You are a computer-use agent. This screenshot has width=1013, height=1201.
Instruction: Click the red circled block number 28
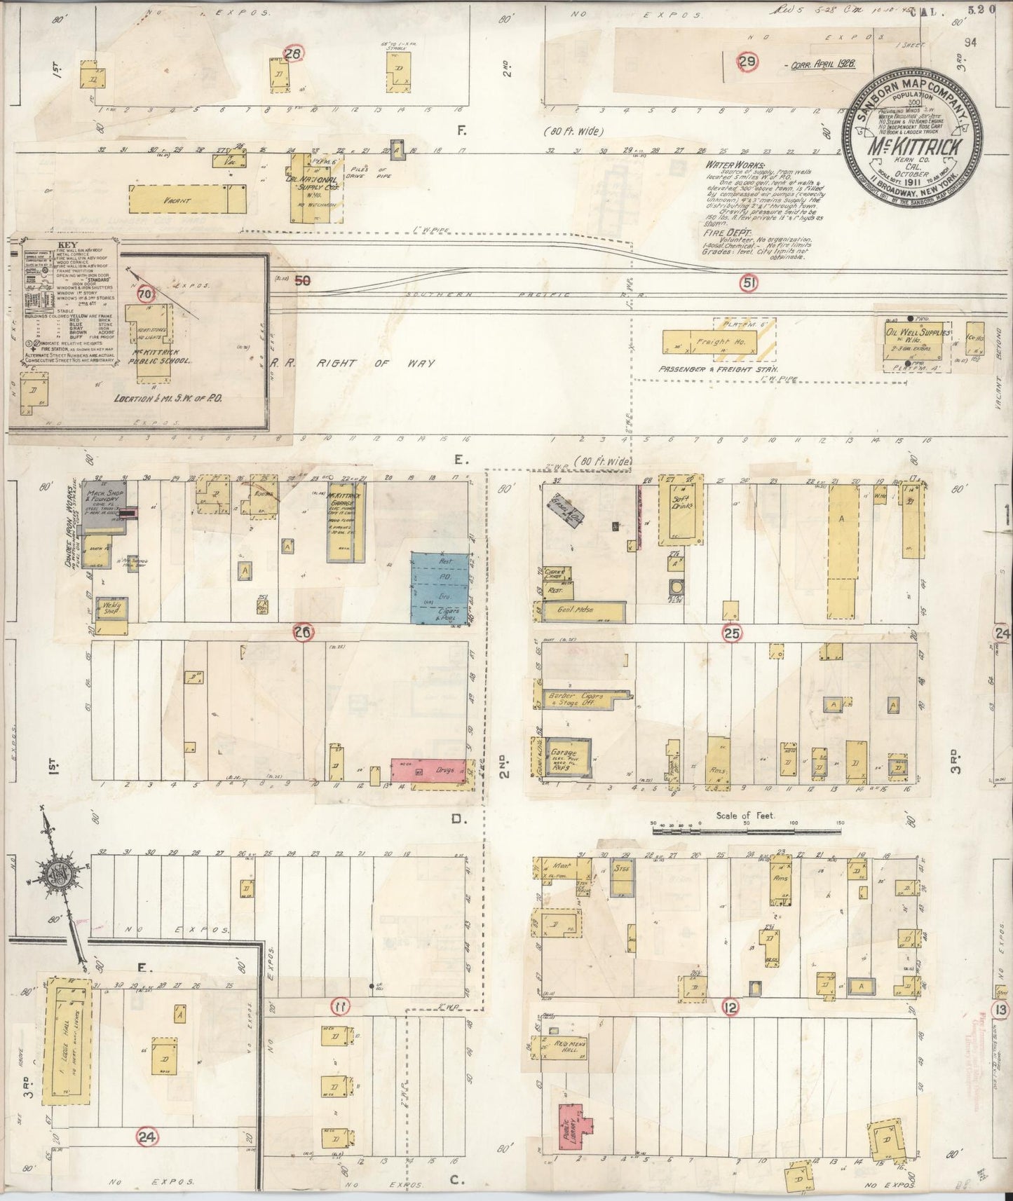293,54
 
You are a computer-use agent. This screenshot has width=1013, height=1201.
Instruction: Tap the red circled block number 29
748,62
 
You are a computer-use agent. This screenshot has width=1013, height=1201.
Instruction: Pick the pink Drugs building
428,771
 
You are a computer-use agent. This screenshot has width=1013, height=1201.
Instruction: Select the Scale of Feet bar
746,830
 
